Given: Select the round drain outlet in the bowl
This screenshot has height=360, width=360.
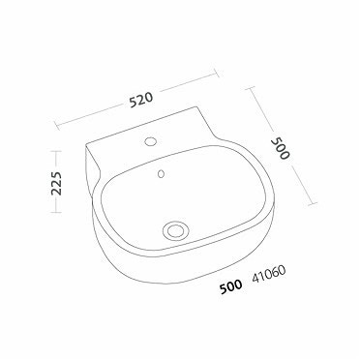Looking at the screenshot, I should pyautogui.click(x=176, y=229).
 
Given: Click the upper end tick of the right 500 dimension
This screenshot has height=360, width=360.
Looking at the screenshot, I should pyautogui.click(x=255, y=86).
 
